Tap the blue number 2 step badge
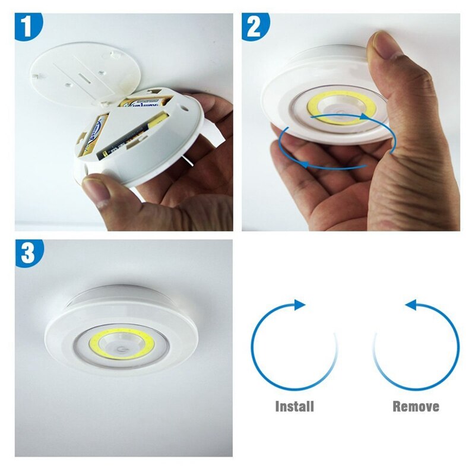click(256, 27)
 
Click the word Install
click(294, 407)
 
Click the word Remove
click(416, 407)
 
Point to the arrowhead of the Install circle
click(300, 305)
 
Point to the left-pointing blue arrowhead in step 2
click(303, 161)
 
